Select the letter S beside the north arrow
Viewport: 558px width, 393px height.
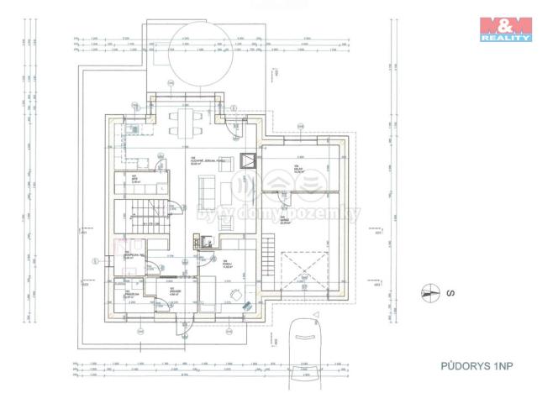coord(451,294)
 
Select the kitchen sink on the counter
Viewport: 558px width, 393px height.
coord(134,129)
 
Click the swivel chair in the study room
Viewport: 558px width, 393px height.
coord(238,296)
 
